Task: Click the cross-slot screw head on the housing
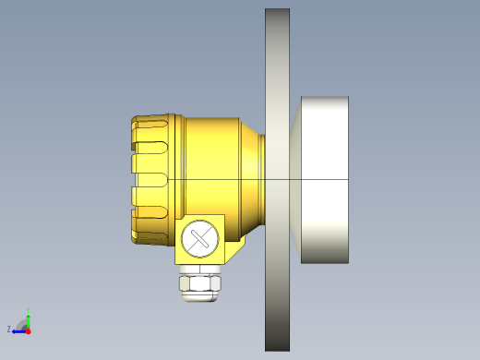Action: point(199,238)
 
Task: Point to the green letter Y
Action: point(29,309)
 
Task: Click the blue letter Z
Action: point(9,329)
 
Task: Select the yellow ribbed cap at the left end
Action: point(153,179)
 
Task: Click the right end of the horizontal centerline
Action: point(347,178)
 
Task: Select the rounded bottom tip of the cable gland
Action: point(199,296)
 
